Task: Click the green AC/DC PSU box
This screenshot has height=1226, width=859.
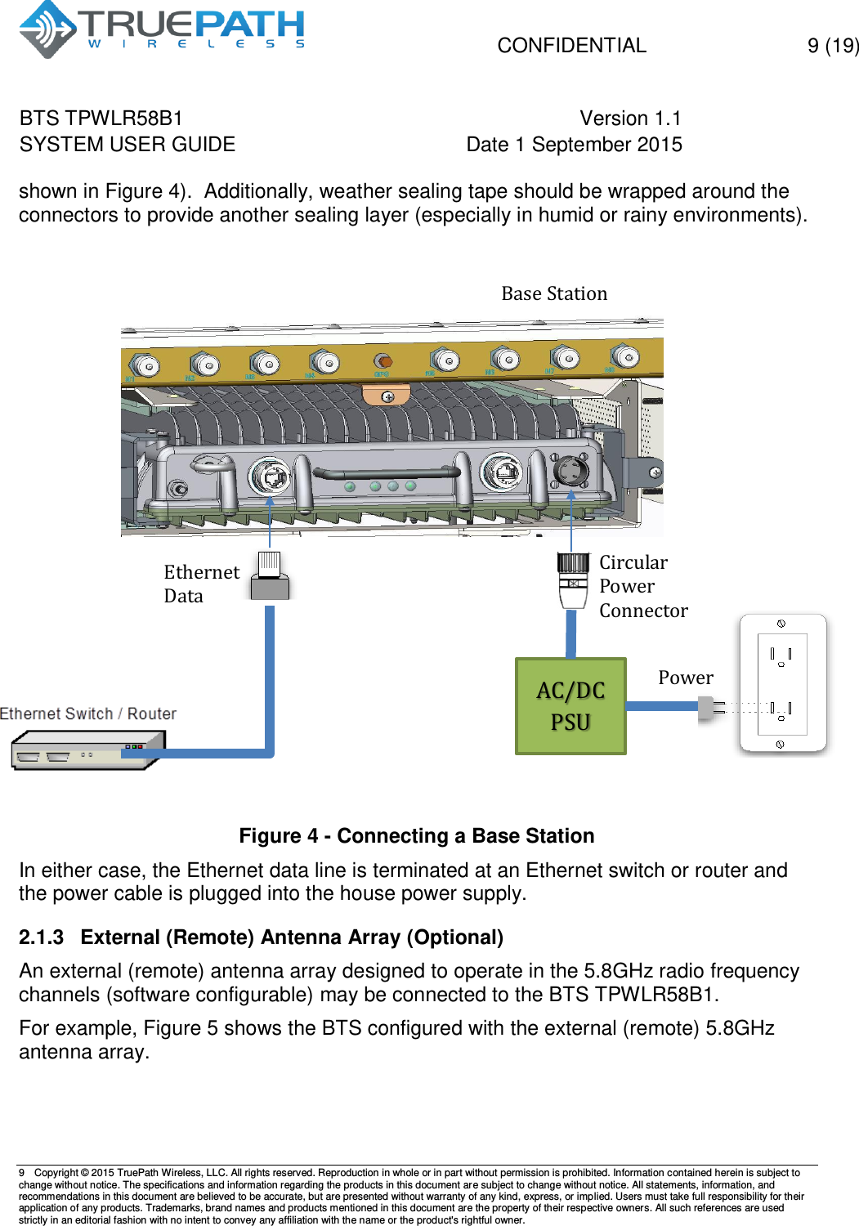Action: pos(570,706)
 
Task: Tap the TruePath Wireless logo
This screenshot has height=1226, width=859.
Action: pos(162,29)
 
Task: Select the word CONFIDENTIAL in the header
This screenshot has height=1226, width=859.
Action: pos(571,46)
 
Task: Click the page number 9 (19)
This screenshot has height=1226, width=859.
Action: pos(832,46)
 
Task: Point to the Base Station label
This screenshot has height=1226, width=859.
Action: pos(554,293)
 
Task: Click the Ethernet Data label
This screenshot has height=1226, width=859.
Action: pos(200,584)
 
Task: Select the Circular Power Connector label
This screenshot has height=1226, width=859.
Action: pos(642,586)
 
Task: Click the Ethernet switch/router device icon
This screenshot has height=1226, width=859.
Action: pos(86,749)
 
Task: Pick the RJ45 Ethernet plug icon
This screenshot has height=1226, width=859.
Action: pos(270,576)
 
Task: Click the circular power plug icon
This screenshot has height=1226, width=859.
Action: pos(573,579)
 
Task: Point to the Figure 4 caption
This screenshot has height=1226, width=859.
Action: pos(416,836)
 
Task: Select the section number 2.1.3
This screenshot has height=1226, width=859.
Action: pos(41,937)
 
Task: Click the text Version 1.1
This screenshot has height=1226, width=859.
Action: pos(630,119)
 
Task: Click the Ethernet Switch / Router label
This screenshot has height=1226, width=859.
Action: pos(88,714)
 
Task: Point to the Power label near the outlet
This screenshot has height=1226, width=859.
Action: pos(685,678)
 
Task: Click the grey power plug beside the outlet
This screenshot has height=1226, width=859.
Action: pos(710,708)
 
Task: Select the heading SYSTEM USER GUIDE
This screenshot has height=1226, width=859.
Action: pos(128,145)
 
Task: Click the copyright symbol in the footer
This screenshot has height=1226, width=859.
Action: pos(84,1173)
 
